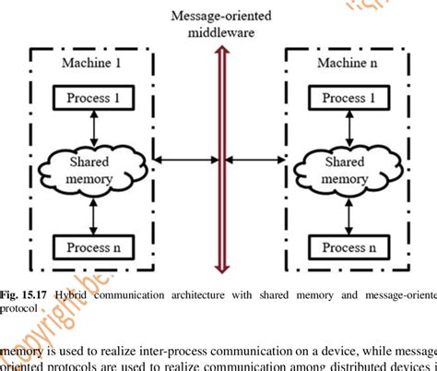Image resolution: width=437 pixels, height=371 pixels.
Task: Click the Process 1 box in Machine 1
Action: pos(91,98)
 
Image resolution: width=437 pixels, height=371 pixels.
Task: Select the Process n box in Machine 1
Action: pos(91,246)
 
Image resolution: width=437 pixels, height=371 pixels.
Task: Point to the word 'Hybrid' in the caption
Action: pos(74,294)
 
